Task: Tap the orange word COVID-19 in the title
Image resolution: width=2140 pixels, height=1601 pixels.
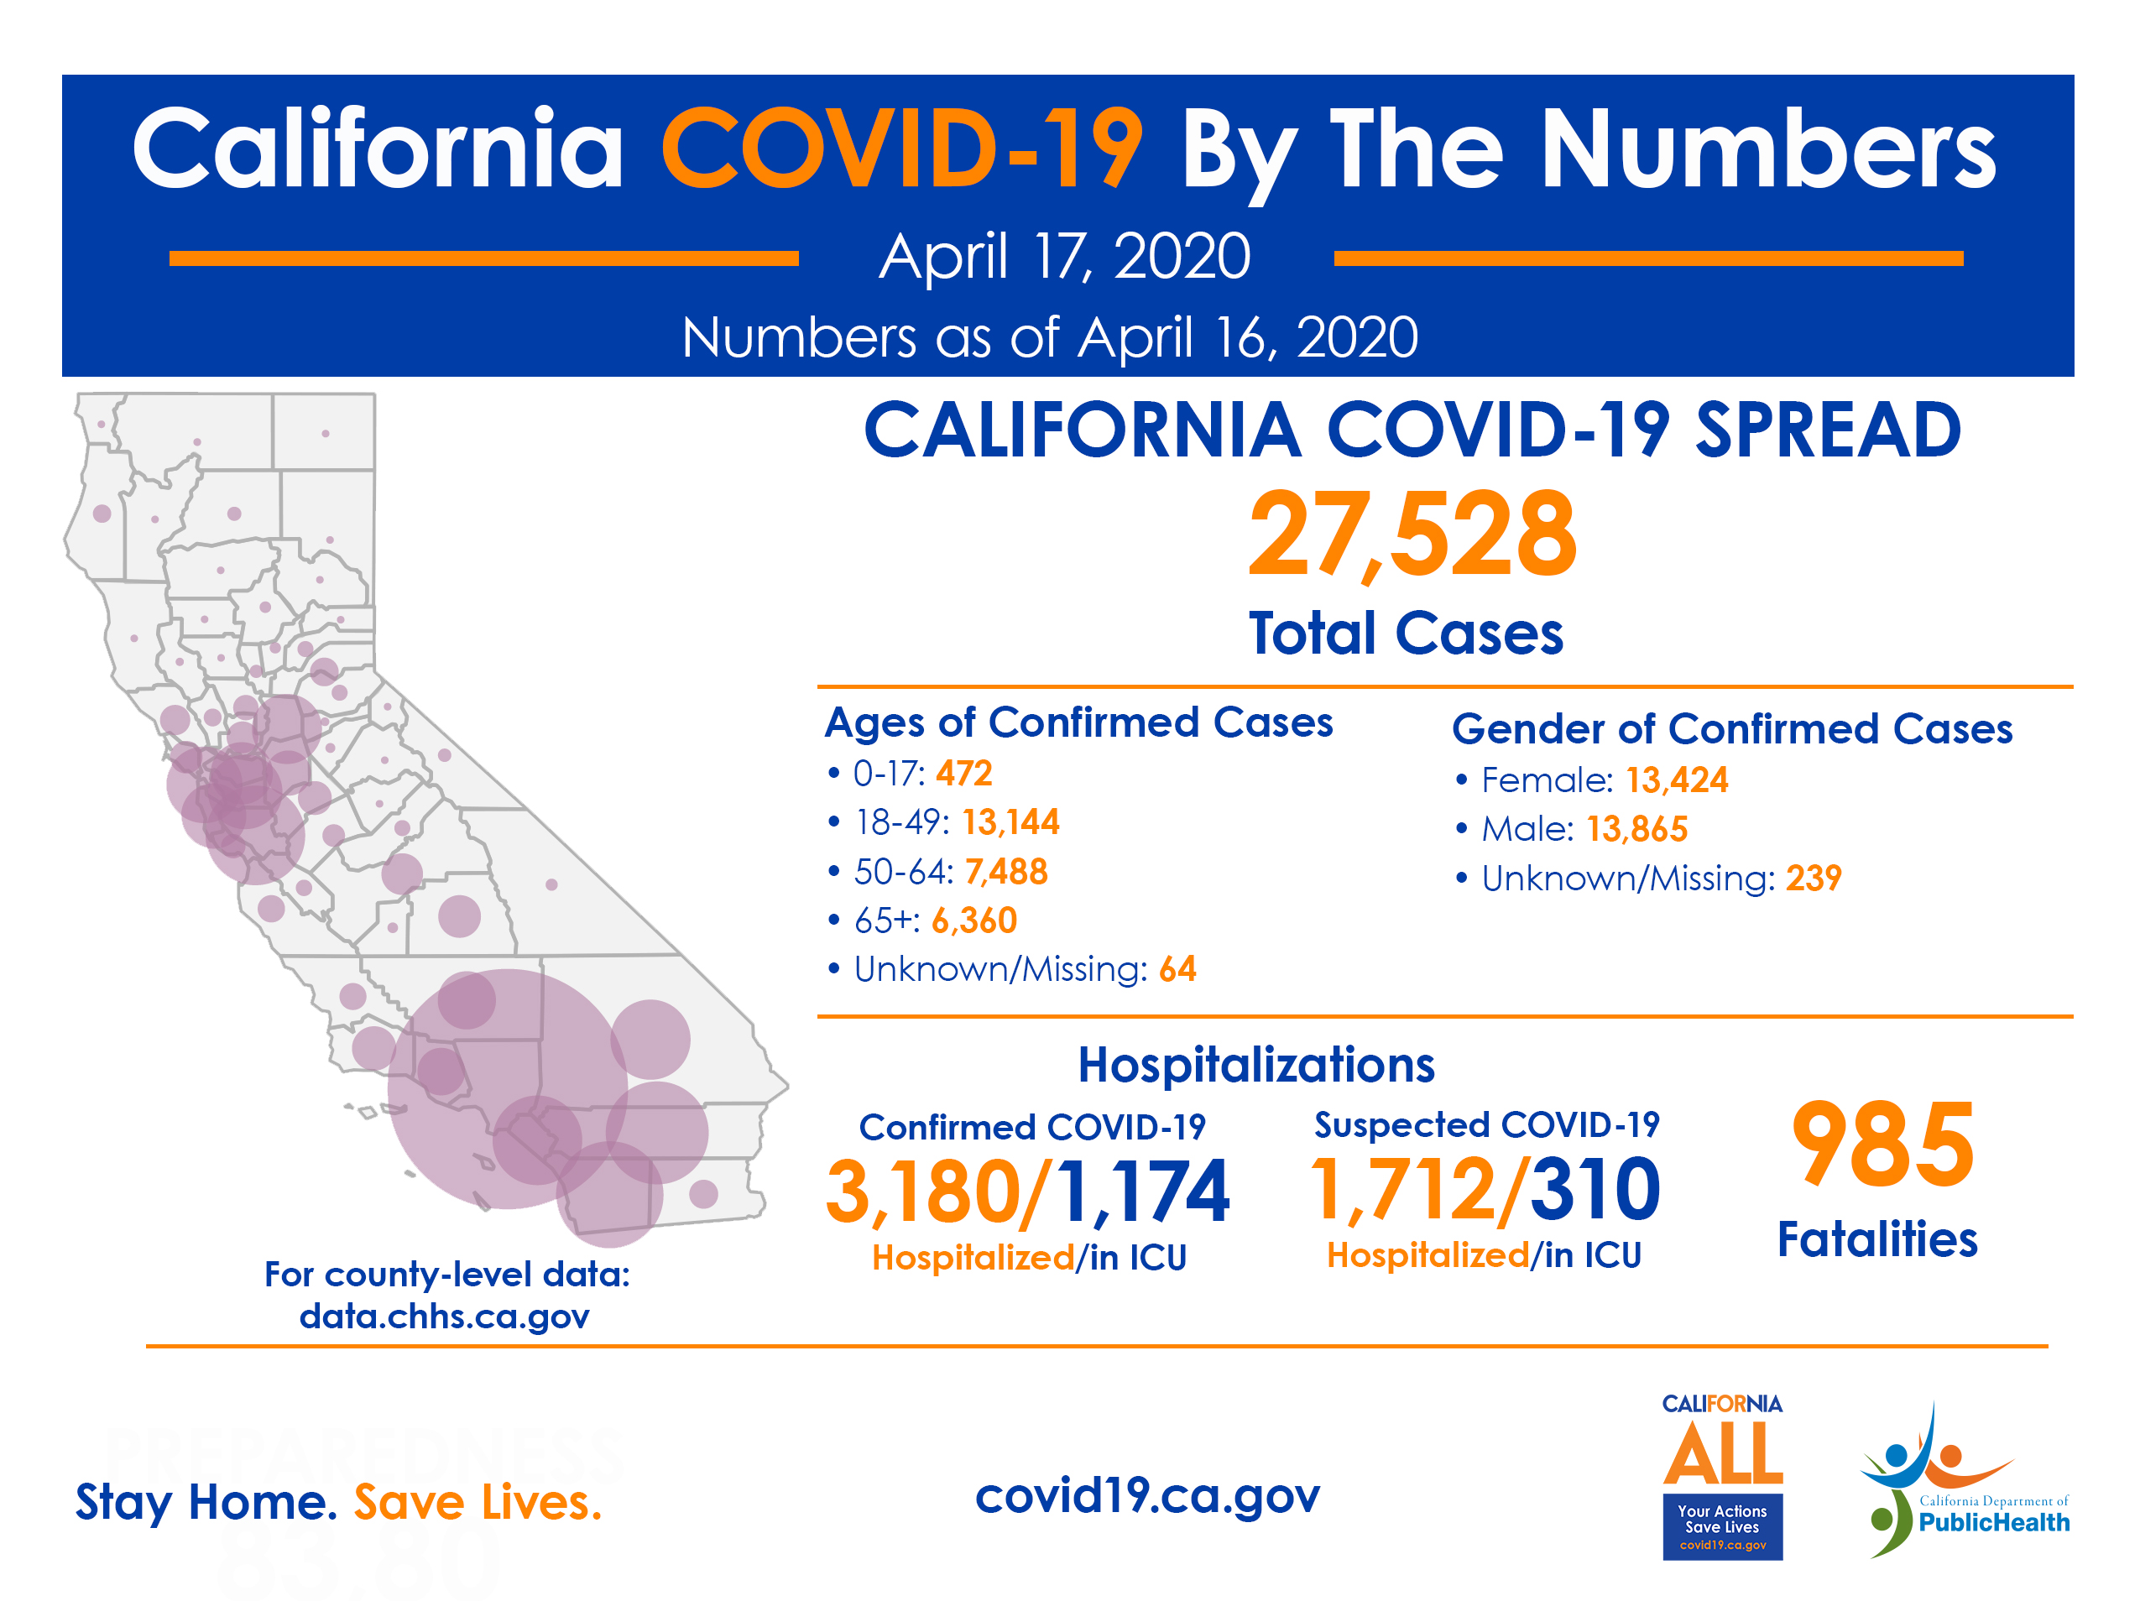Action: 901,150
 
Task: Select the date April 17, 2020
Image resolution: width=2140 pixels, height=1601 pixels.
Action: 1064,258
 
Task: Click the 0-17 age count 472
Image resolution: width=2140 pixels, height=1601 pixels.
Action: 963,774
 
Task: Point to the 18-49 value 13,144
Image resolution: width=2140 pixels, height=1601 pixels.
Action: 1010,822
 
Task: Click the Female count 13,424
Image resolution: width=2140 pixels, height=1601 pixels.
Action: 1676,780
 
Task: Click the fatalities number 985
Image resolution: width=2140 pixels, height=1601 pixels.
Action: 1882,1145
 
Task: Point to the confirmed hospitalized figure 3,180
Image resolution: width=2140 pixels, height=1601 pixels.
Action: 923,1192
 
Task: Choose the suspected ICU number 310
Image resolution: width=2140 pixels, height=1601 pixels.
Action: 1595,1189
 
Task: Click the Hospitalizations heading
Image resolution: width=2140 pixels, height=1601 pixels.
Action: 1255,1065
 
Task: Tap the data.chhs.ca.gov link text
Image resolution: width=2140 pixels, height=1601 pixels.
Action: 444,1317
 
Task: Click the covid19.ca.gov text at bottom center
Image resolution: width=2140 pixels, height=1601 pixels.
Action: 1146,1495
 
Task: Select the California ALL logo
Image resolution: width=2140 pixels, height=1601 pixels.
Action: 1722,1475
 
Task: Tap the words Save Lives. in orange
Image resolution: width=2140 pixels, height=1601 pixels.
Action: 477,1502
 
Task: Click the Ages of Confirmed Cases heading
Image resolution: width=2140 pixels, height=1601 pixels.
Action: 1078,723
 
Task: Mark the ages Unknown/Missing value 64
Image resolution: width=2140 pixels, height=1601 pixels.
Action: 1177,969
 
